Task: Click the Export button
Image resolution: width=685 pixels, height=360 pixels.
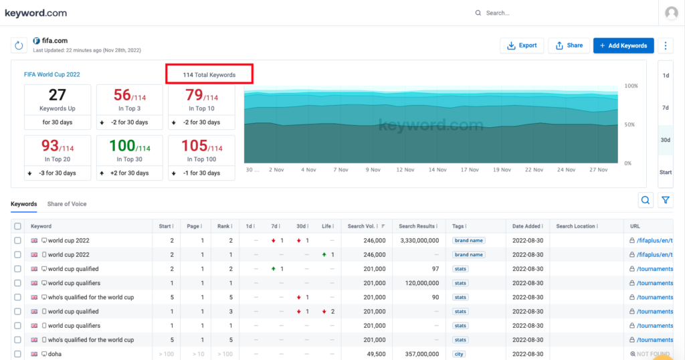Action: click(522, 46)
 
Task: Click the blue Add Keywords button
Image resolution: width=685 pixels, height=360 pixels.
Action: click(623, 46)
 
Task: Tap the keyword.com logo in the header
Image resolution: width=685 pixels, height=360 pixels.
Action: click(36, 13)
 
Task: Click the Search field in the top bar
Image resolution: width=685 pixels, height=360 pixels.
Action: click(508, 13)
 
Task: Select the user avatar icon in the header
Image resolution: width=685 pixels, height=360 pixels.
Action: click(671, 13)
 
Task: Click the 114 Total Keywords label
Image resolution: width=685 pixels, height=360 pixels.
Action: click(209, 74)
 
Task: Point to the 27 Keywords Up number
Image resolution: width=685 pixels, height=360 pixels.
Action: click(58, 95)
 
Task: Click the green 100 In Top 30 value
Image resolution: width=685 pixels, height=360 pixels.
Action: click(122, 146)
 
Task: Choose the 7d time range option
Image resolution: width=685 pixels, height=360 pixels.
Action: click(666, 107)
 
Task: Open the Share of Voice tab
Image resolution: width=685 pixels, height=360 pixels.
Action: click(67, 203)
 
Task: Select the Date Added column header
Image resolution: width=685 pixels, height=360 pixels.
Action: click(527, 226)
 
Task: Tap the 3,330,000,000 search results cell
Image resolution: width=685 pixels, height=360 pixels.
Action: click(419, 240)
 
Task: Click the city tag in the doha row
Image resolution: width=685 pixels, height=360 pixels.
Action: click(460, 354)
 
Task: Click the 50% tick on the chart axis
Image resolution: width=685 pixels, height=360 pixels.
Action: click(630, 125)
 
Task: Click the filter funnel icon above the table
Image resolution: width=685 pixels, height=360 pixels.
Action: click(666, 200)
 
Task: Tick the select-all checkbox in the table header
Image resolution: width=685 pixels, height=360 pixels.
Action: click(17, 226)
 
